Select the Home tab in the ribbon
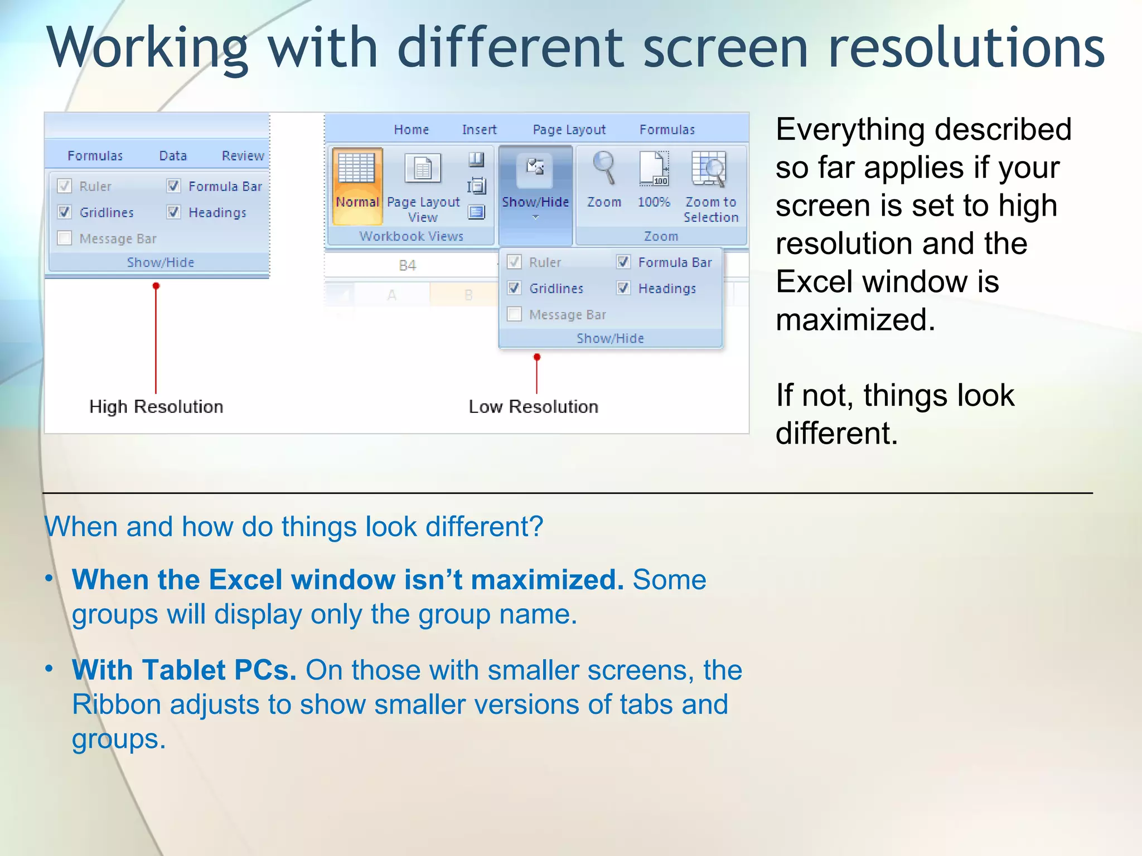coord(412,130)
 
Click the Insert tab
coord(479,130)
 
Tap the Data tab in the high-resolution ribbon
coord(173,156)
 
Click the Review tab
coord(243,156)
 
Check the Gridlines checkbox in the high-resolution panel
coord(65,212)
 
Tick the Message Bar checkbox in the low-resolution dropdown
coord(515,314)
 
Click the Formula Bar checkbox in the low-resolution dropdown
coord(623,262)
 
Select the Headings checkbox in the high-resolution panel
coord(174,212)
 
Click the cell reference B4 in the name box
coord(408,266)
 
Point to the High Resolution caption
coord(156,407)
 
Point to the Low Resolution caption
coord(533,407)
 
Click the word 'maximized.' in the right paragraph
coord(855,320)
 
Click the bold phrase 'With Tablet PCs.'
coord(184,670)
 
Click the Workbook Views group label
coord(411,236)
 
